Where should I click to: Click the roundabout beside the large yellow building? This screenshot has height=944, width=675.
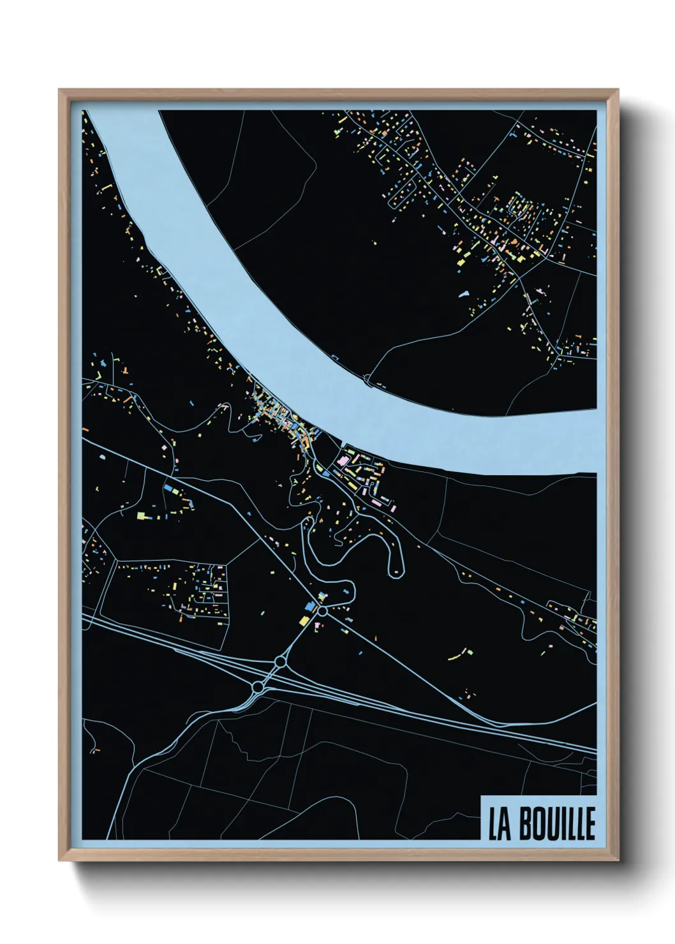[323, 611]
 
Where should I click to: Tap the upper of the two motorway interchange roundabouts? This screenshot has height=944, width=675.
[279, 663]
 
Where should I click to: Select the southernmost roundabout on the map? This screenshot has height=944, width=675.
[257, 687]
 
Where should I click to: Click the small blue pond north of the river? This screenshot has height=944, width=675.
[464, 295]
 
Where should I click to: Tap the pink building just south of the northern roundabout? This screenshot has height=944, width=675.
[318, 626]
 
